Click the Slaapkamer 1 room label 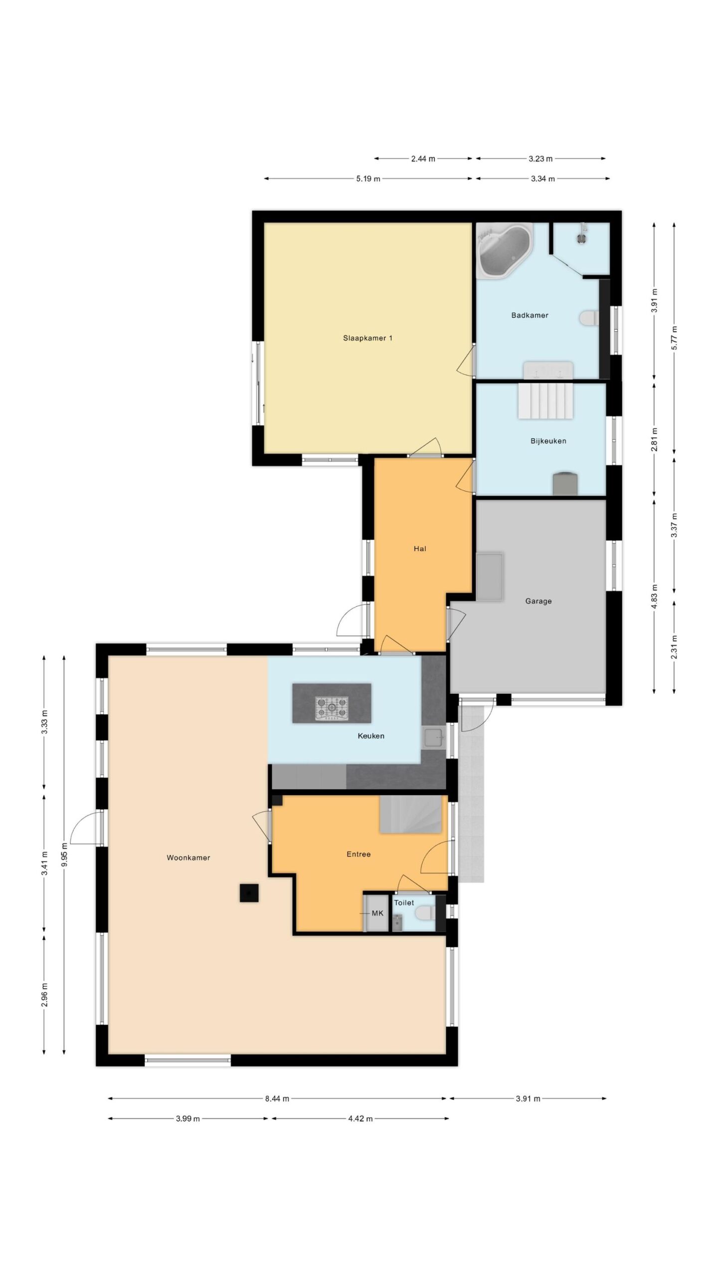pyautogui.click(x=367, y=338)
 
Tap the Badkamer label pyautogui.click(x=530, y=315)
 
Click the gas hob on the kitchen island pyautogui.click(x=332, y=708)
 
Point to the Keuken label pyautogui.click(x=371, y=736)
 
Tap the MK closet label pyautogui.click(x=377, y=913)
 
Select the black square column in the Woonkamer pyautogui.click(x=249, y=892)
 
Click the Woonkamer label pyautogui.click(x=188, y=857)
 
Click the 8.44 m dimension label pyautogui.click(x=277, y=1098)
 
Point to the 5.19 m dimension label pyautogui.click(x=368, y=179)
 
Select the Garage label pyautogui.click(x=538, y=601)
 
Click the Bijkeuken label pyautogui.click(x=548, y=441)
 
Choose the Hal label pyautogui.click(x=420, y=549)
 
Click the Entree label pyautogui.click(x=359, y=854)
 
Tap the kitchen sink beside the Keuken pyautogui.click(x=434, y=738)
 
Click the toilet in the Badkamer pyautogui.click(x=589, y=318)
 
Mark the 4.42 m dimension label pyautogui.click(x=360, y=1118)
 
